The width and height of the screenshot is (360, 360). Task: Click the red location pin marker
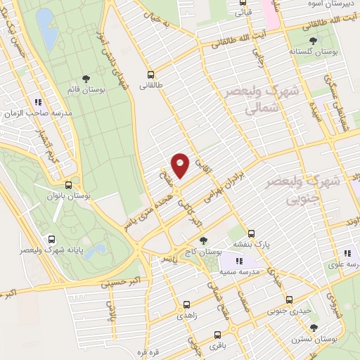(x=180, y=165)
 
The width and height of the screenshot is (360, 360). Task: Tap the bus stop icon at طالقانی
(x=150, y=74)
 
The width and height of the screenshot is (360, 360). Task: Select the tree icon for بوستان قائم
(x=86, y=79)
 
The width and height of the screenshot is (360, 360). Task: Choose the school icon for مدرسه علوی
(x=347, y=253)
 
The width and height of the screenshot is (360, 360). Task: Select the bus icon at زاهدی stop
(x=186, y=304)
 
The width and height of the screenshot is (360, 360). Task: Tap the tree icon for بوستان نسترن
(x=314, y=328)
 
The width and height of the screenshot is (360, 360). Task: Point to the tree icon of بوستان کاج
(x=205, y=241)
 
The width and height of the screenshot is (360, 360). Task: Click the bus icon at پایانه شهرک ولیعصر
(x=51, y=239)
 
